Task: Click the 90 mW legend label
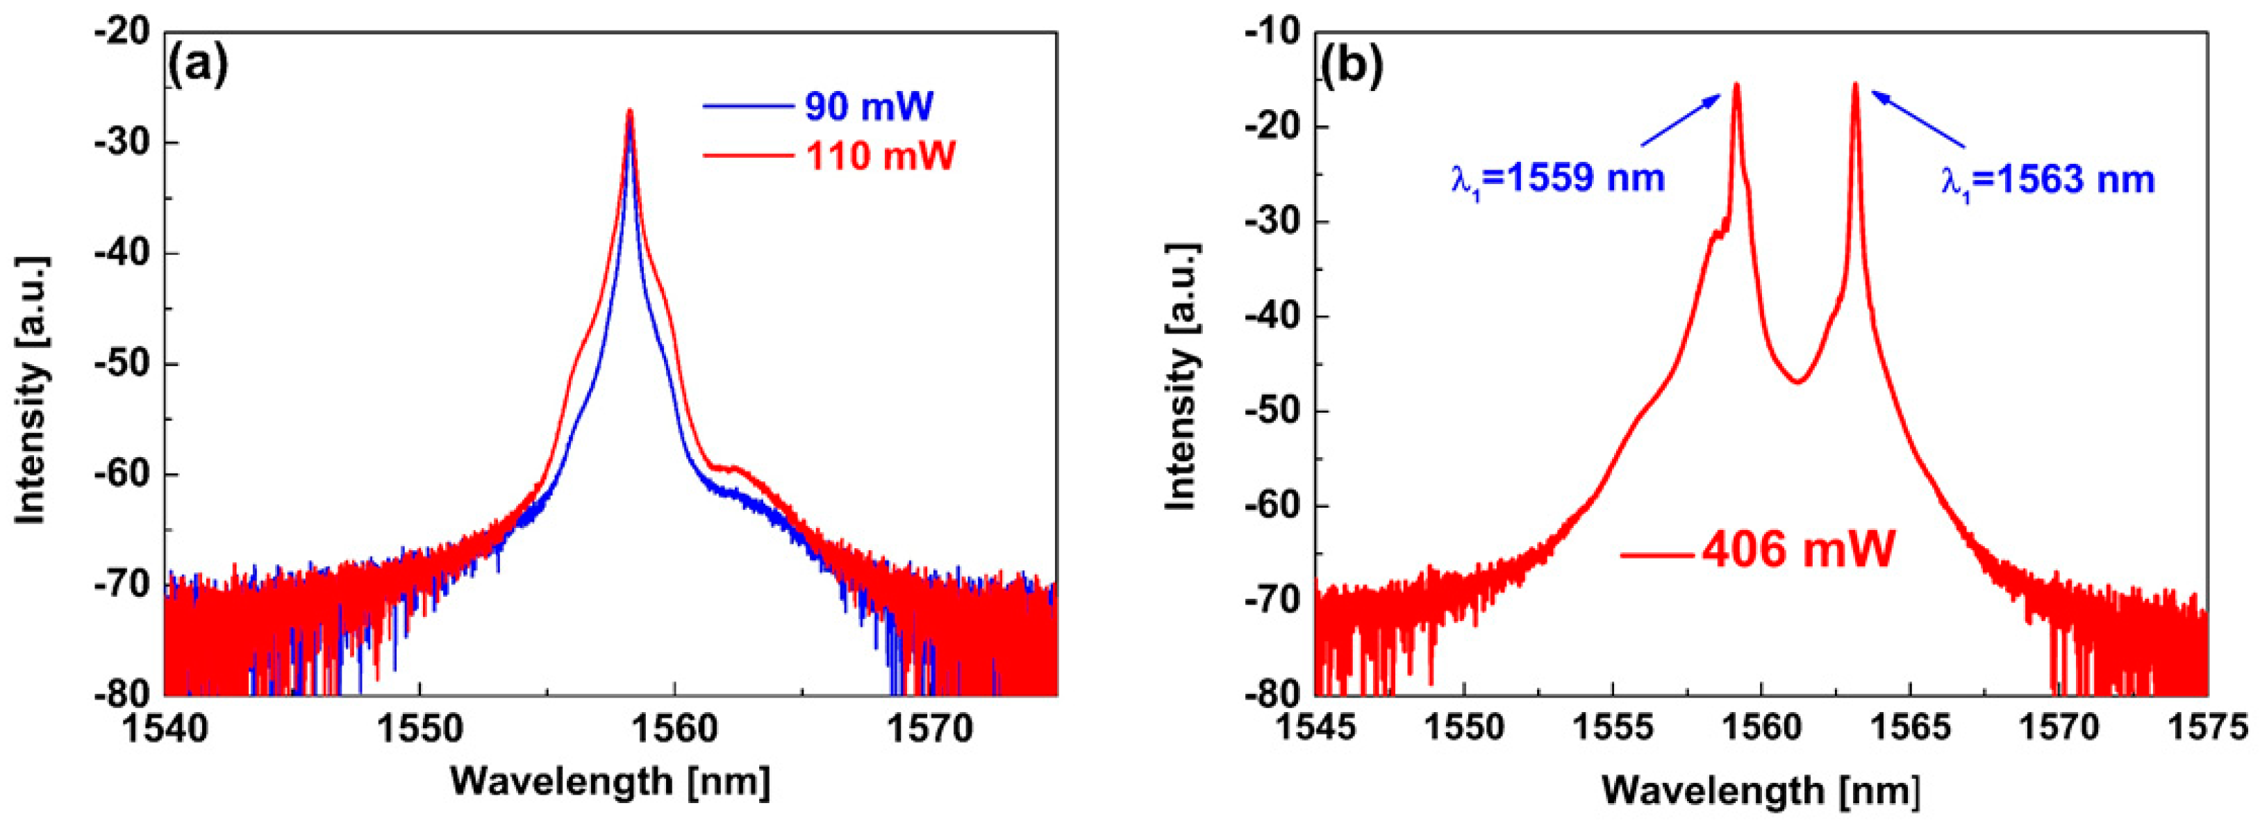tap(869, 107)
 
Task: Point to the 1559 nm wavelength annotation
tap(1556, 179)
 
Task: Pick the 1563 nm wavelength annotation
tap(2047, 179)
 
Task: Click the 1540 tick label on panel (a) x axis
tap(165, 729)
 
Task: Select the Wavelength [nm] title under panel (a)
tap(610, 779)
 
